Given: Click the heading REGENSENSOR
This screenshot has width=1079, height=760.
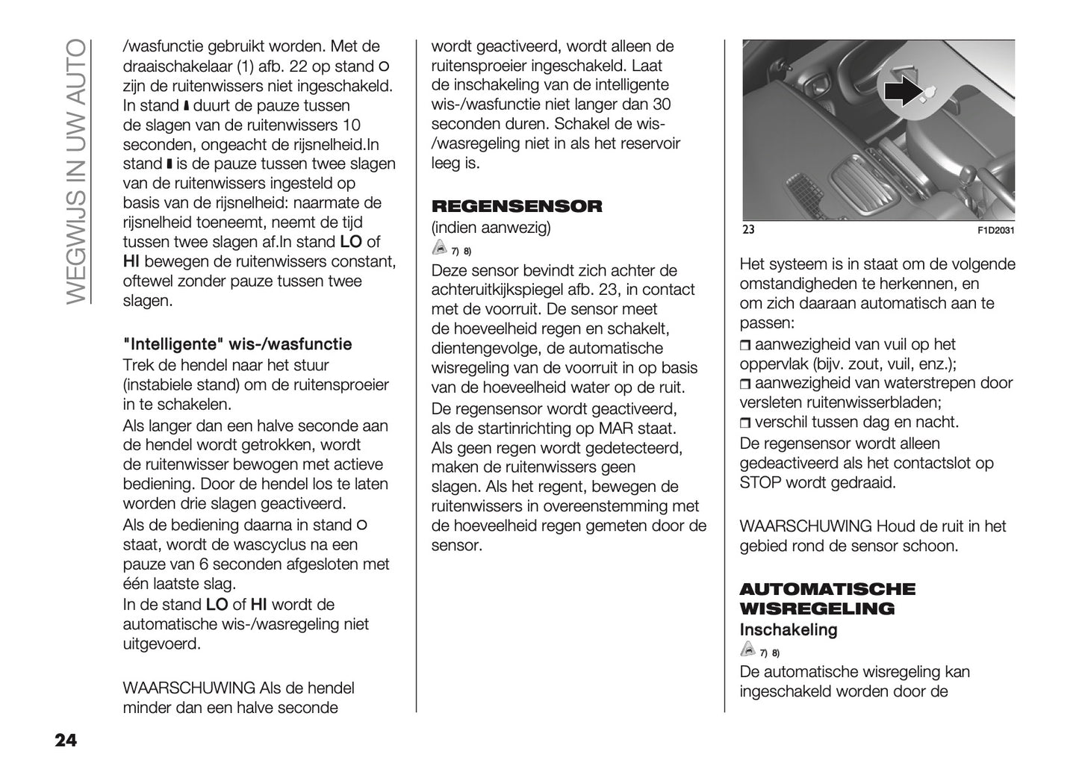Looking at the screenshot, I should coord(516,206).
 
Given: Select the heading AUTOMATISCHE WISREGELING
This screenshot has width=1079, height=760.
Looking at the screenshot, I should coord(827,599).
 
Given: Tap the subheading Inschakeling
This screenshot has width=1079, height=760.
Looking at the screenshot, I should coord(788,629).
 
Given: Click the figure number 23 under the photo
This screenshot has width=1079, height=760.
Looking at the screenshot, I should coord(748,229).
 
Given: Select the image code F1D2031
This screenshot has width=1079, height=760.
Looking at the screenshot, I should coord(995,230).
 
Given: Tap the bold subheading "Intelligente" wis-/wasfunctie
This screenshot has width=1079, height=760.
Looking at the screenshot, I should coord(237,344).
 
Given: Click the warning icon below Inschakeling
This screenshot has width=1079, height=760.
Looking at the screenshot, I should coord(747,650).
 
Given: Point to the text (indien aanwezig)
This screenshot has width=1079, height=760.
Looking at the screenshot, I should coord(491,228).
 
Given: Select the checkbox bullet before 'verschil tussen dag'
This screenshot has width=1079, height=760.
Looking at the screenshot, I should coord(745,423).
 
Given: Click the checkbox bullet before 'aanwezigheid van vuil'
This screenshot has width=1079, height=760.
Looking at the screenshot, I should coord(745,345).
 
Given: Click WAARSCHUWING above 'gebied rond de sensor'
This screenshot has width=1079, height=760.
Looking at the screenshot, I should coord(805,526).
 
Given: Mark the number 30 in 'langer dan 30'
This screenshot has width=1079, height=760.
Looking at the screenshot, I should coord(661,105).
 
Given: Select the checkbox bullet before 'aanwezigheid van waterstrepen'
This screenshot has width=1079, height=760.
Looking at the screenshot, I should coord(745,384).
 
